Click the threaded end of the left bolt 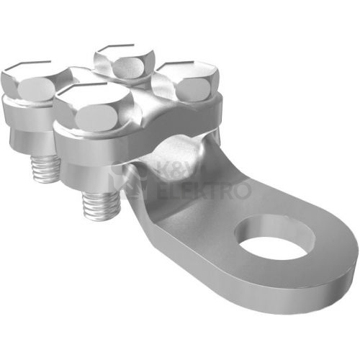tap(45, 168)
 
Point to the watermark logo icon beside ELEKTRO tap(131, 181)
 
